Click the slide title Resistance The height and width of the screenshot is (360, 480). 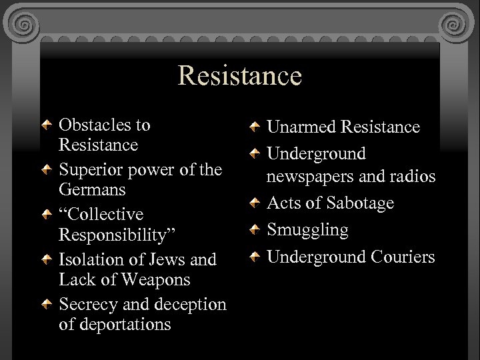(x=239, y=75)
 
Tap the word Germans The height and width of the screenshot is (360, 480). (x=92, y=189)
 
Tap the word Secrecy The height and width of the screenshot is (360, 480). (x=89, y=305)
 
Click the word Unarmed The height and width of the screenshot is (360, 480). (x=301, y=127)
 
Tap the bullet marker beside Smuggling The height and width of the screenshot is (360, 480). (x=254, y=231)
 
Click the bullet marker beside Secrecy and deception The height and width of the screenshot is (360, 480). (x=46, y=305)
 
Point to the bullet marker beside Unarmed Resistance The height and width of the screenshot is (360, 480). (x=254, y=127)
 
